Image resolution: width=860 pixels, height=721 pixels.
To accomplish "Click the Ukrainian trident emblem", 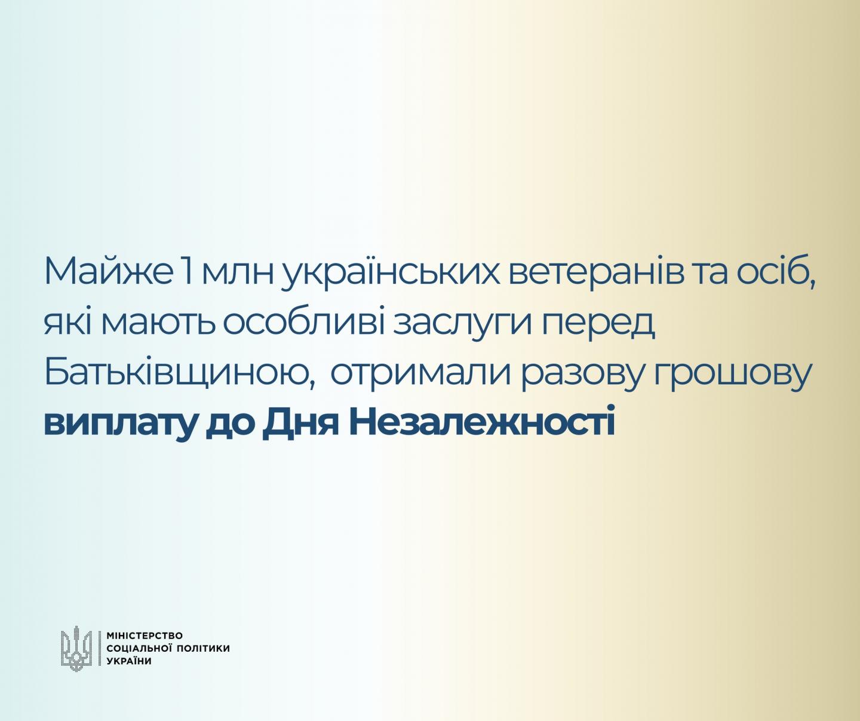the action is (x=76, y=649).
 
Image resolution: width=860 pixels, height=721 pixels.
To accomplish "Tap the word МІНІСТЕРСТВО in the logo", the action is (x=144, y=636).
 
